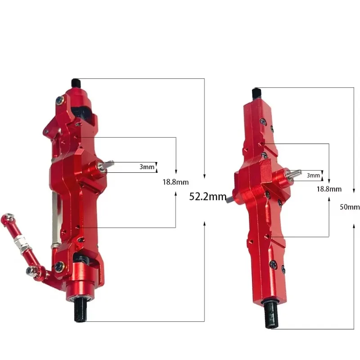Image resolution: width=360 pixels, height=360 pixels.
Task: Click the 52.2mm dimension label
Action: [208, 197]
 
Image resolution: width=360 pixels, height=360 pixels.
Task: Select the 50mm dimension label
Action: [350, 207]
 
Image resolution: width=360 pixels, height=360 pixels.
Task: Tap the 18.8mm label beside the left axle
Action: [175, 182]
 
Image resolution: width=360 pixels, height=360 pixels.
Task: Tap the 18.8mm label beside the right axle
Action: [329, 189]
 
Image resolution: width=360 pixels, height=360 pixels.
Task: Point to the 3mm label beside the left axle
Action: [147, 166]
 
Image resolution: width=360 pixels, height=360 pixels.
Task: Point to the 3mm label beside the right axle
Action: [313, 175]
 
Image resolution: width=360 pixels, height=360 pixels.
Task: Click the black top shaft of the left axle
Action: [76, 83]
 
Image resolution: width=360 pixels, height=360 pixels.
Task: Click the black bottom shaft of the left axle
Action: [81, 309]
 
